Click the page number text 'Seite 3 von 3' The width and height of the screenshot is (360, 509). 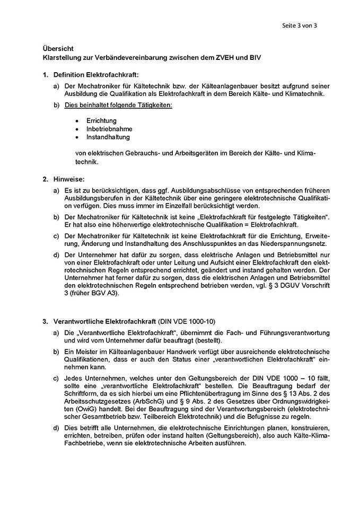[x=300, y=25]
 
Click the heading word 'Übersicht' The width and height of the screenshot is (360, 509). [x=57, y=48]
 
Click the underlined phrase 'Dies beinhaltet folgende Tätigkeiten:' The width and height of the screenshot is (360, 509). [x=118, y=105]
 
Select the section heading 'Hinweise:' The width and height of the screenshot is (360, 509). [x=69, y=179]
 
